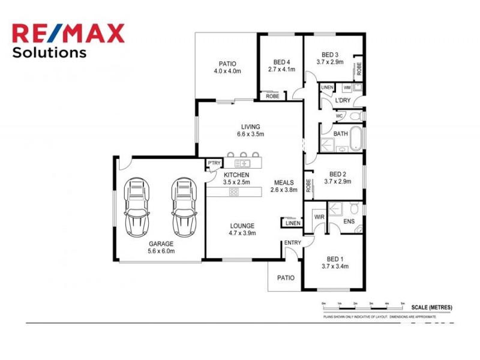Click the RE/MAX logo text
[x=68, y=33]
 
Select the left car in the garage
[x=137, y=207]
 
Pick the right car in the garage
[x=184, y=207]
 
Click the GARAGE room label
[x=161, y=244]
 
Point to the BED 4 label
[x=281, y=62]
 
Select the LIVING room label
[x=251, y=127]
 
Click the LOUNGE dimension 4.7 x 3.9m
[x=243, y=233]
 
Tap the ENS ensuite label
[x=349, y=222]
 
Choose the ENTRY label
[x=293, y=242]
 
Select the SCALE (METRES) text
[x=431, y=307]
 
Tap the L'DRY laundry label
[x=343, y=100]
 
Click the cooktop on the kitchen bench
[x=234, y=192]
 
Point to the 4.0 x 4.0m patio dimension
[x=227, y=71]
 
